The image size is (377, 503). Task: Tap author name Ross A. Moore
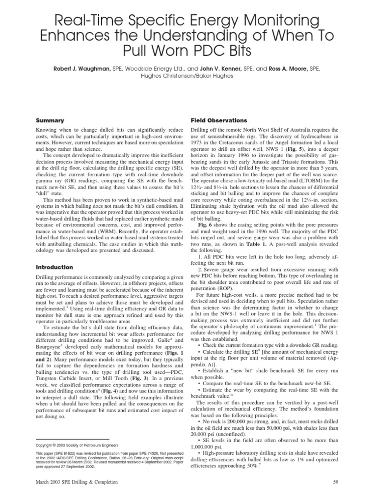289,70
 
